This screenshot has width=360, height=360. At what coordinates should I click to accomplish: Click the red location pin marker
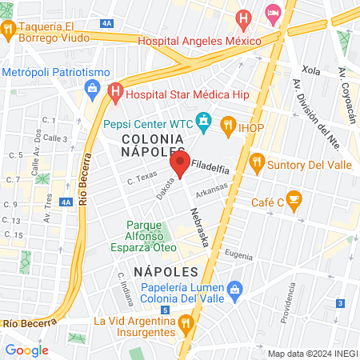(x=179, y=166)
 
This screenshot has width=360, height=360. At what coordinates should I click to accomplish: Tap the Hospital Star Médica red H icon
(x=115, y=93)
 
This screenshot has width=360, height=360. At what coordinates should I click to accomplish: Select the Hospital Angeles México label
(x=200, y=42)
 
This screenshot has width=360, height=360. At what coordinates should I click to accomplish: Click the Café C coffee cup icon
(x=294, y=198)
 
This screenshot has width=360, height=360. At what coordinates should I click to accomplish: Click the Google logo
(x=26, y=350)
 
